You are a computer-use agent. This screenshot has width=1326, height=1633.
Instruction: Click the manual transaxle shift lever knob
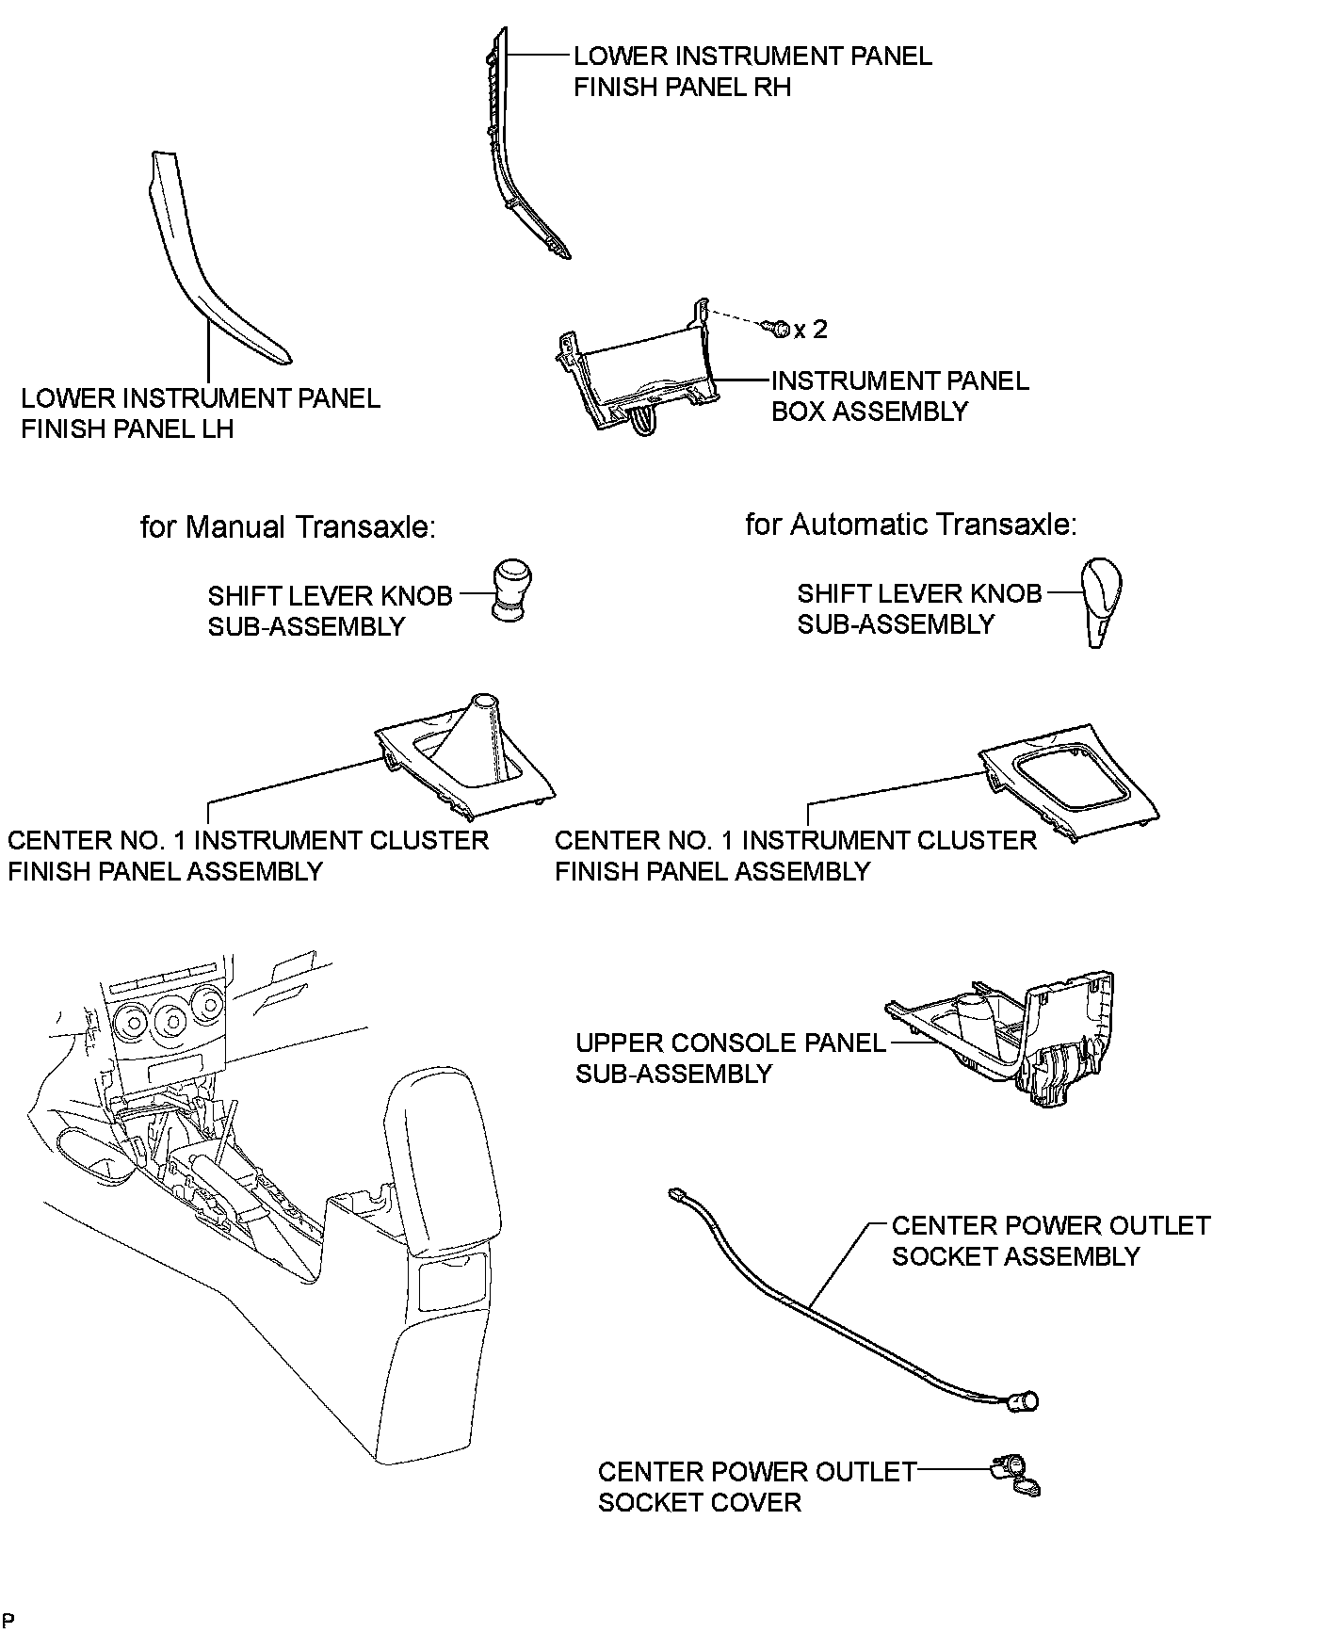[x=509, y=590]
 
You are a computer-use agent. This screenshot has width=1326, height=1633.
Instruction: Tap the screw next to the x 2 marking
[x=779, y=329]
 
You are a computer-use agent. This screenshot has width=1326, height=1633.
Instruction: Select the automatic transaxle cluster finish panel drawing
[x=1069, y=777]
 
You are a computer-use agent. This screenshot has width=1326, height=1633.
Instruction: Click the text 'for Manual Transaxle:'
[x=288, y=526]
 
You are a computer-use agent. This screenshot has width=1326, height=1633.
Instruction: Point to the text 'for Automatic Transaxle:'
[x=910, y=525]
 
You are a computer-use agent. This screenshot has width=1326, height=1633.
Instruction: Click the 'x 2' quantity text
[x=811, y=330]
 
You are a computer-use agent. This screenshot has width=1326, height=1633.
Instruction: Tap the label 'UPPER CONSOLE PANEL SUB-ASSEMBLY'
[x=730, y=1058]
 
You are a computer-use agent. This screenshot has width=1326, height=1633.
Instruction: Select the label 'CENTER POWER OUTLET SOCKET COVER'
[x=756, y=1486]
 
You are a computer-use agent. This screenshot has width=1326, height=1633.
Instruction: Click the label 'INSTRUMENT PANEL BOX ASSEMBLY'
[x=899, y=396]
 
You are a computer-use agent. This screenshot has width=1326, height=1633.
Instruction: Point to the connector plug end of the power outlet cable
[x=676, y=1194]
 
